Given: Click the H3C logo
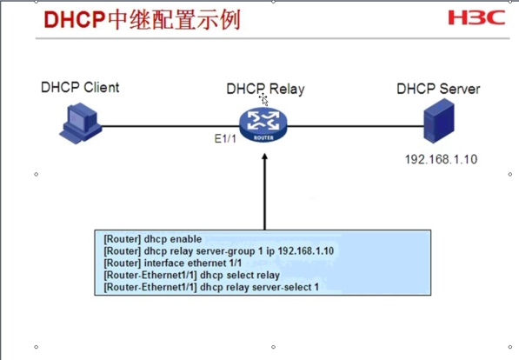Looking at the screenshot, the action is coord(476,17).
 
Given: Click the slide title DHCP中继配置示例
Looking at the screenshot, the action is coord(142,20).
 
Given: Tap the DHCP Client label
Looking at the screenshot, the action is coord(80,88).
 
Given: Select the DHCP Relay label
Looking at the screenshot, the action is coord(265,89).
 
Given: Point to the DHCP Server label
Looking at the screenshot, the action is coord(438,89).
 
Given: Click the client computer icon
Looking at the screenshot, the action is coord(81,123).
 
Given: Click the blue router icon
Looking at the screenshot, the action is coord(263,125).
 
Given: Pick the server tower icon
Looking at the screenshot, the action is coord(439,121).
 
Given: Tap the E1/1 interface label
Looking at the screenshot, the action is coord(225,138).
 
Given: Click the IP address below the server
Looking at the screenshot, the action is coord(442,159).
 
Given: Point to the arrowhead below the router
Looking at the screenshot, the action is coord(264,157).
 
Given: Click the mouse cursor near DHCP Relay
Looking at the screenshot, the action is coord(263,99).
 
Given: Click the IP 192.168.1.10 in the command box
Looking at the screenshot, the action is coord(305,250).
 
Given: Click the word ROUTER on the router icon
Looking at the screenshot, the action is coord(263,137).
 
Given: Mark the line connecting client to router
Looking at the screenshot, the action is coord(170,126).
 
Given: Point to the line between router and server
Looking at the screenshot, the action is coord(356,126).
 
